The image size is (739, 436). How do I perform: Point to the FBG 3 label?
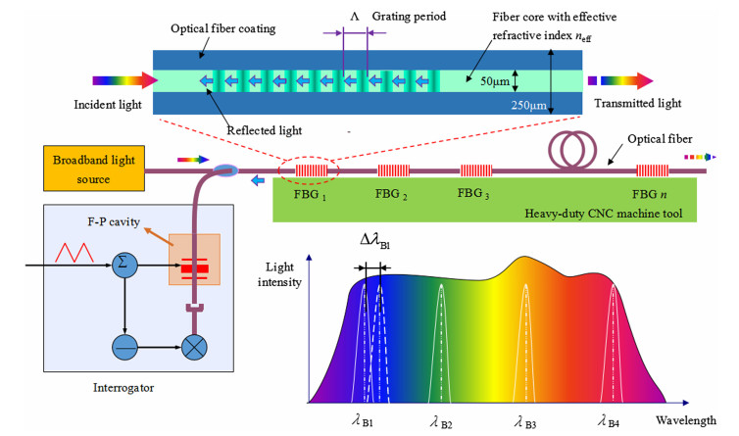pos(475,193)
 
